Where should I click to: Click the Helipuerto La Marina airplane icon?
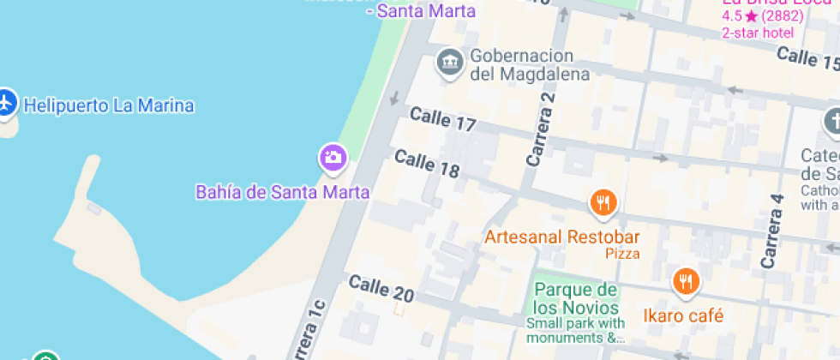pyautogui.click(x=6, y=103)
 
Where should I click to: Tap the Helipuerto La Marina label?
pyautogui.click(x=109, y=106)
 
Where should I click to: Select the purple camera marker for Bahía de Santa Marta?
pyautogui.click(x=333, y=157)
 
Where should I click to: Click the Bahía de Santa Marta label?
pyautogui.click(x=283, y=192)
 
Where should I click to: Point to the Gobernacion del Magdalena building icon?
pyautogui.click(x=447, y=62)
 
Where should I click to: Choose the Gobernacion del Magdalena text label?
pyautogui.click(x=530, y=64)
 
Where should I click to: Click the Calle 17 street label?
pyautogui.click(x=442, y=119)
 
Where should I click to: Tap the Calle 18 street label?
pyautogui.click(x=427, y=164)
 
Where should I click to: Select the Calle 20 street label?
pyautogui.click(x=381, y=289)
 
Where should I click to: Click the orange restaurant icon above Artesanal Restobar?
pyautogui.click(x=604, y=203)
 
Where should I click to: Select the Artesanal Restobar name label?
pyautogui.click(x=562, y=236)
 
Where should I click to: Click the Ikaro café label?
pyautogui.click(x=684, y=315)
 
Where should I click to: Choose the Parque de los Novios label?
pyautogui.click(x=576, y=298)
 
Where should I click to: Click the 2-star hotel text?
pyautogui.click(x=758, y=33)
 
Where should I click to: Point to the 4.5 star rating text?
pyautogui.click(x=762, y=15)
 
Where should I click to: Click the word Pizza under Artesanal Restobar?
pyautogui.click(x=622, y=254)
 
